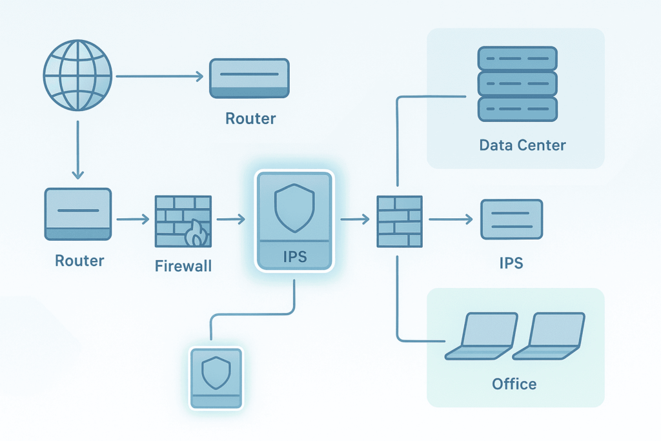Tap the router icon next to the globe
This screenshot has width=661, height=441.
[x=250, y=78]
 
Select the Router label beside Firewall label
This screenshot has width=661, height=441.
[x=79, y=261]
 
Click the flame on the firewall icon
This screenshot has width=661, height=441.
[x=196, y=236]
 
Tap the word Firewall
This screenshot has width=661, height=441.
[x=183, y=265]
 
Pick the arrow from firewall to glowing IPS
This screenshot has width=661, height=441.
[x=230, y=220]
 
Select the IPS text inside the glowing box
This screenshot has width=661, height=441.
[x=294, y=256]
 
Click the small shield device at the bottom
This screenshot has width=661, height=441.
[x=216, y=377]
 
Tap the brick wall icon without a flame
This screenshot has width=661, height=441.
[x=400, y=221]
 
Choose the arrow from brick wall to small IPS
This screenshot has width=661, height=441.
[x=451, y=220]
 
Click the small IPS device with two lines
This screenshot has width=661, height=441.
[x=511, y=220]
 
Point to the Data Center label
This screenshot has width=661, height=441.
[x=522, y=145]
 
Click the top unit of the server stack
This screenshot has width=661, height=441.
[x=516, y=57]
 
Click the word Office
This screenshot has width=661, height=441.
[x=514, y=384]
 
